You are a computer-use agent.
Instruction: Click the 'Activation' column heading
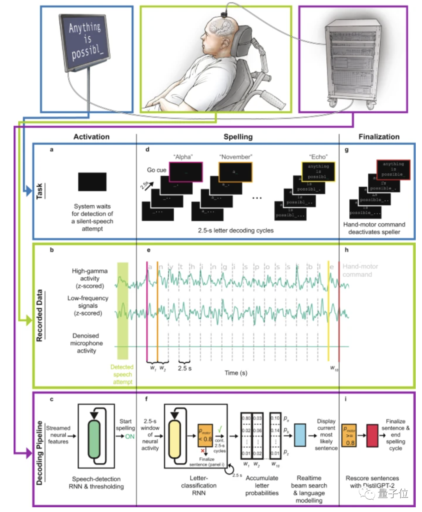pyautogui.click(x=91, y=137)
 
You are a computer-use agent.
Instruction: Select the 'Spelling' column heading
pyautogui.click(x=238, y=137)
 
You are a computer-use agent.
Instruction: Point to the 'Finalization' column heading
pyautogui.click(x=379, y=137)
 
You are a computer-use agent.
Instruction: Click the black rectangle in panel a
pyautogui.click(x=92, y=182)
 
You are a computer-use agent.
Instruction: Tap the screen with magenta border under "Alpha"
pyautogui.click(x=186, y=172)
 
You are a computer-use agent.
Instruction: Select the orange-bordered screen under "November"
pyautogui.click(x=235, y=172)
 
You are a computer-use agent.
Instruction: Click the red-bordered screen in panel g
pyautogui.click(x=393, y=169)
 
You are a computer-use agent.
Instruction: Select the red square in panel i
pyautogui.click(x=372, y=435)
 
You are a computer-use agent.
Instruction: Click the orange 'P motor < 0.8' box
pyautogui.click(x=205, y=435)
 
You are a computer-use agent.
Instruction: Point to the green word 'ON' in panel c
pyautogui.click(x=130, y=436)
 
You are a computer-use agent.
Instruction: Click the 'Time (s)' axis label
pyautogui.click(x=236, y=373)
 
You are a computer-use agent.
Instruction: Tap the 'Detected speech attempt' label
pyautogui.click(x=122, y=375)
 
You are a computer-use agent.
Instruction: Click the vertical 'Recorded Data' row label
pyautogui.click(x=39, y=316)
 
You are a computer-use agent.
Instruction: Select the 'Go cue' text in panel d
pyautogui.click(x=156, y=170)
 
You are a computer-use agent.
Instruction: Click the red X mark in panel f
pyautogui.click(x=202, y=451)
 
